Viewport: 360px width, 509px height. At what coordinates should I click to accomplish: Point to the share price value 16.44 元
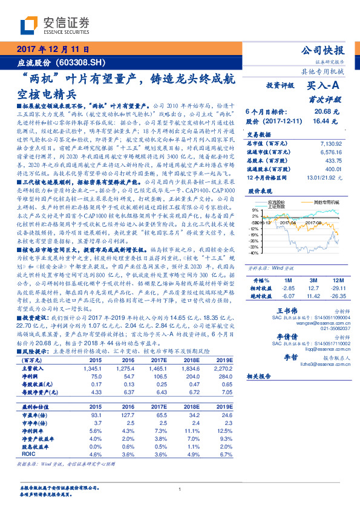point(324,121)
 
